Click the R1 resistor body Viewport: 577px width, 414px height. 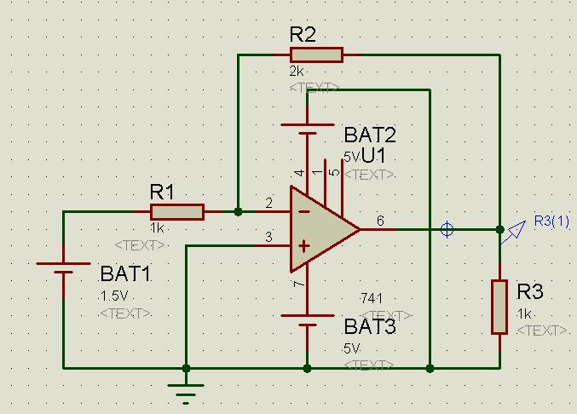[x=177, y=212]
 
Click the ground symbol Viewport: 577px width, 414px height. [x=185, y=389]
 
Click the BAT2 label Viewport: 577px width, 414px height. [x=370, y=135]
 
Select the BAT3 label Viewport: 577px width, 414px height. [x=370, y=327]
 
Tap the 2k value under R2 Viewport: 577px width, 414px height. [x=297, y=72]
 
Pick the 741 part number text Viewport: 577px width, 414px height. [x=372, y=297]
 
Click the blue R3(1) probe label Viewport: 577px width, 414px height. [x=551, y=221]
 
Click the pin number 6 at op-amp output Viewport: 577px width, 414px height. [x=380, y=221]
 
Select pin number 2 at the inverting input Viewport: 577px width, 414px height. [x=269, y=204]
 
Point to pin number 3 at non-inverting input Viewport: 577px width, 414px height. [x=269, y=238]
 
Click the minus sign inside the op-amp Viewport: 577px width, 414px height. [x=302, y=212]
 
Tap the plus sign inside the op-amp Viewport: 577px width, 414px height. [x=302, y=245]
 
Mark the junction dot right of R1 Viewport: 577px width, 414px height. [x=239, y=211]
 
